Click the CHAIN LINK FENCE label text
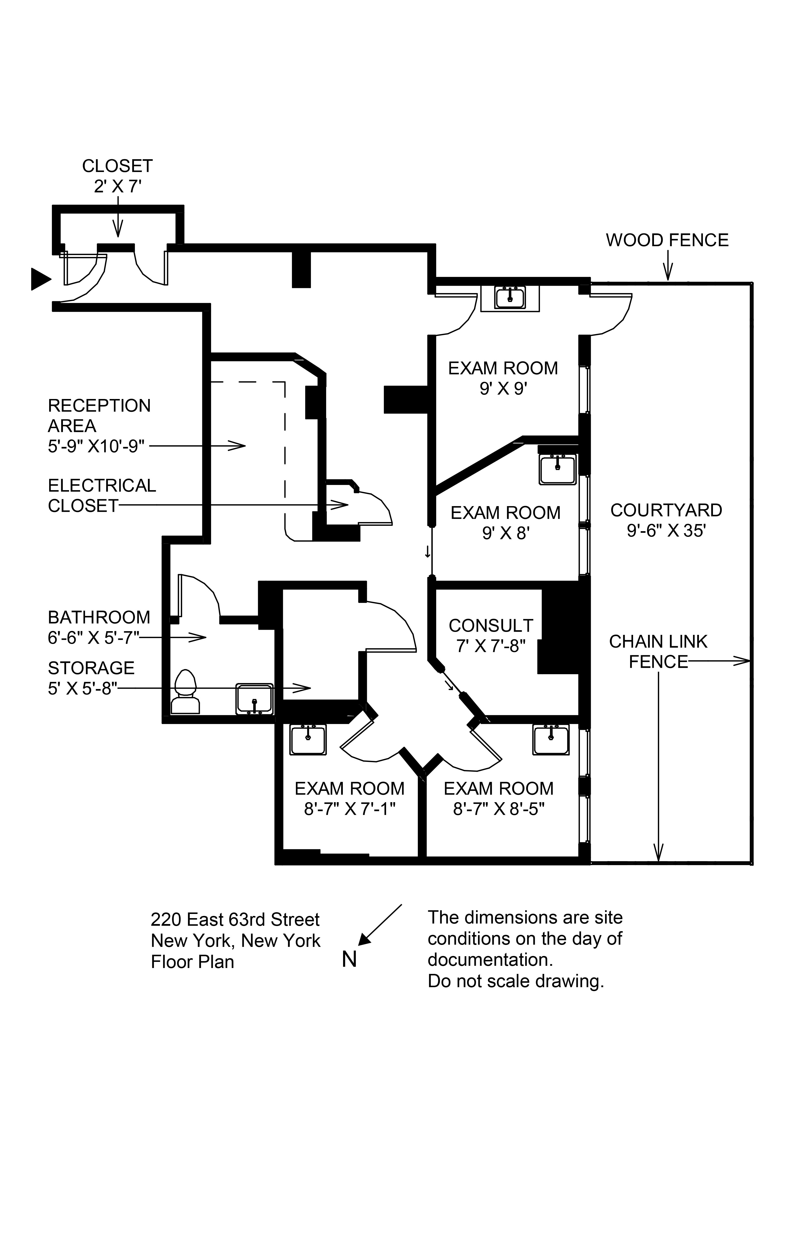(658, 651)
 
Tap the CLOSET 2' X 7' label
(117, 176)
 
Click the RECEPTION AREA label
(99, 415)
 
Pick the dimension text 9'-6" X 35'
(666, 531)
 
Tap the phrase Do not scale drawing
(516, 981)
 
